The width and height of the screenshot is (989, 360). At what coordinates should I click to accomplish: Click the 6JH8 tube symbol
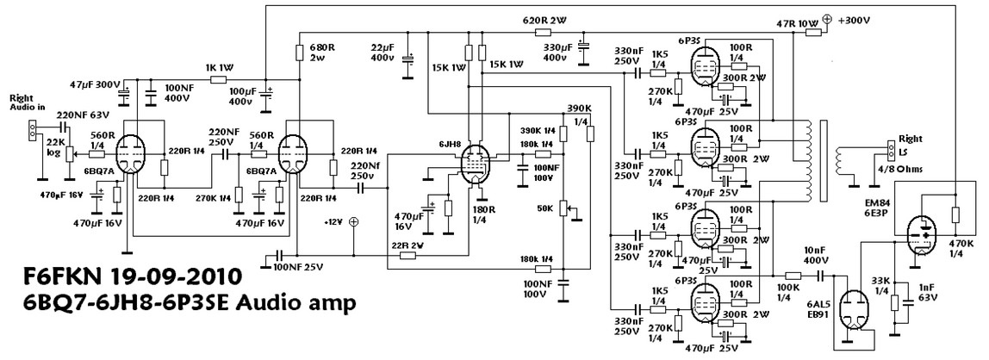coord(473,163)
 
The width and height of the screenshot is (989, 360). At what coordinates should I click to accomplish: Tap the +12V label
coord(334,221)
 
